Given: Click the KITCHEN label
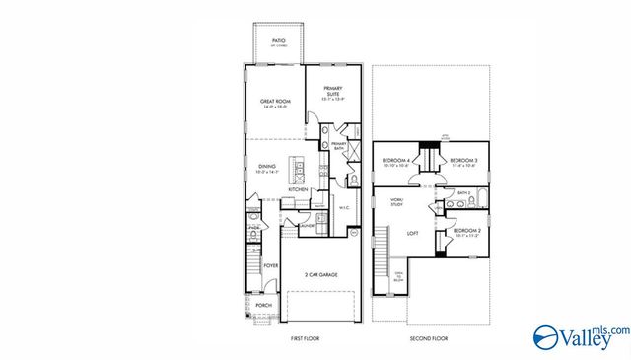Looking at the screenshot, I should [x=299, y=189].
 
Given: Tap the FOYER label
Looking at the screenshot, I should [x=271, y=265].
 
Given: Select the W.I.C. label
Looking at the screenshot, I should [x=345, y=208].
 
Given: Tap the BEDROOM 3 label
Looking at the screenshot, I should [x=463, y=161].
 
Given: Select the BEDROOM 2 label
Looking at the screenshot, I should [x=465, y=233].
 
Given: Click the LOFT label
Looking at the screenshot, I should [x=413, y=234].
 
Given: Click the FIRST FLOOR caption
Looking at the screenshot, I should [x=304, y=338].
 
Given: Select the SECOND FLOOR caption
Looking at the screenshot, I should [x=429, y=338].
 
